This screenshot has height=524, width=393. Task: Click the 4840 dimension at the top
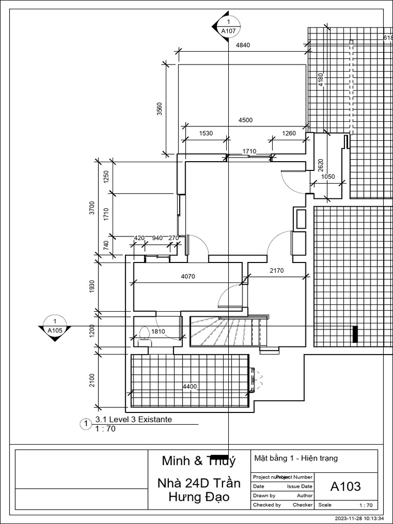click(243, 46)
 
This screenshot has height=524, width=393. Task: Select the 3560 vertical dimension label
click(159, 109)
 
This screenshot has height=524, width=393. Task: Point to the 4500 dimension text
click(245, 120)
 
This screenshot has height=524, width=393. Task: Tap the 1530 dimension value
click(206, 134)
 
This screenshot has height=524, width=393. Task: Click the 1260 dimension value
click(289, 134)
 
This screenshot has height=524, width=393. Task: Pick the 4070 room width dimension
click(188, 276)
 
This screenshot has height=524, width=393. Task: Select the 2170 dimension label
click(276, 271)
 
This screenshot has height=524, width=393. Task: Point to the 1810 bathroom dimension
click(158, 332)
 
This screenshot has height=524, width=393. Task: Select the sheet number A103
click(345, 486)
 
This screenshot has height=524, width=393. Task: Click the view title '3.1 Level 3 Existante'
click(134, 420)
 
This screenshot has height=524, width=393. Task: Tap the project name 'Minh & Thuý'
click(199, 461)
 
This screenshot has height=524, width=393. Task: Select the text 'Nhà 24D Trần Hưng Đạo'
click(199, 490)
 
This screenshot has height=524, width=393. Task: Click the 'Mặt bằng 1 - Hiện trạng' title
click(296, 458)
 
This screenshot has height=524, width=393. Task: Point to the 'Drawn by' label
click(264, 495)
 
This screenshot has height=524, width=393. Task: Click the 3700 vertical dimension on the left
click(92, 207)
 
